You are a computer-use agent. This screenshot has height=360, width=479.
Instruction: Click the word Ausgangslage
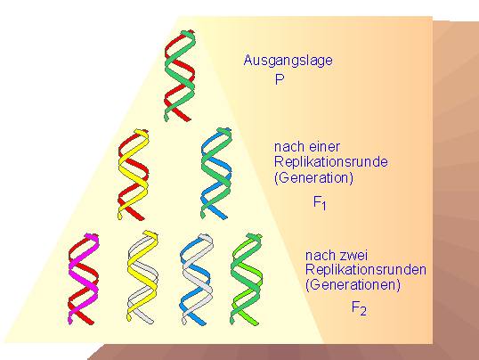tap(288, 61)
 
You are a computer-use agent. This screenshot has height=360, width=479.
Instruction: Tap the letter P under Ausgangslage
tap(280, 79)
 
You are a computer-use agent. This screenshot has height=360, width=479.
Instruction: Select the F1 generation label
tap(320, 202)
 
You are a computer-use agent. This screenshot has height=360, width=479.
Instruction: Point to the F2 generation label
tap(359, 307)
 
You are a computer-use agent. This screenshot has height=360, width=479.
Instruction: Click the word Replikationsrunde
tap(331, 161)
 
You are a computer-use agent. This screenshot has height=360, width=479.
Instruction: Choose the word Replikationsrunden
tap(366, 269)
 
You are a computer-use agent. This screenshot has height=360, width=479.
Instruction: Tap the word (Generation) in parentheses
tap(313, 177)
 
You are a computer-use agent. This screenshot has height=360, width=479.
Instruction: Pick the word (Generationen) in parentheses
tap(353, 285)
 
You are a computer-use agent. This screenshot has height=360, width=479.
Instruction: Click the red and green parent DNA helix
tap(180, 76)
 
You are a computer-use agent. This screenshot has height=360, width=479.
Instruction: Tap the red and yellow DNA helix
tap(134, 175)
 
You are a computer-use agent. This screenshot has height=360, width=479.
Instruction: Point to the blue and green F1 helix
tap(216, 174)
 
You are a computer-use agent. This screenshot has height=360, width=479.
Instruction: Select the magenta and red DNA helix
tap(84, 279)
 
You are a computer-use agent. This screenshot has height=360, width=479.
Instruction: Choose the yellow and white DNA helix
tap(142, 277)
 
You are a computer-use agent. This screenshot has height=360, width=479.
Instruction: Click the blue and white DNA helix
tap(196, 279)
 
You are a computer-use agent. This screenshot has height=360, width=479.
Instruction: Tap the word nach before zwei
tap(320, 255)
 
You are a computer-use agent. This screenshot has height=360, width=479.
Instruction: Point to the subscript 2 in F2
tap(362, 312)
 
